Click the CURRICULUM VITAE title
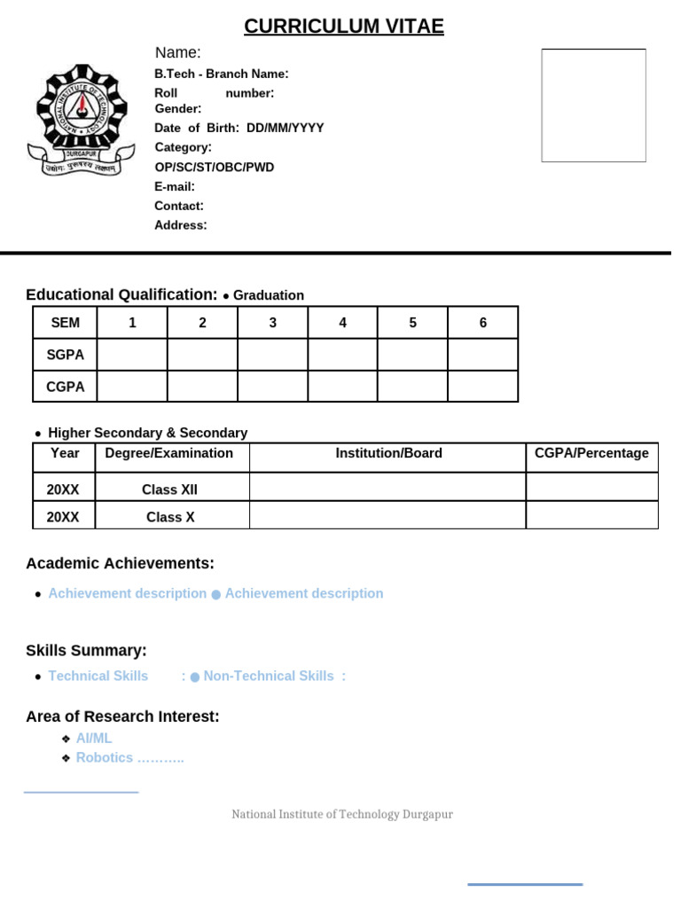click(x=344, y=27)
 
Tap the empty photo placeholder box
click(x=593, y=106)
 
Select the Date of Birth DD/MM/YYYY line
click(x=239, y=128)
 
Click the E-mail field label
click(x=175, y=186)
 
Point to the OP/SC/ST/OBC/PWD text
click(x=215, y=167)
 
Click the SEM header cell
click(x=65, y=323)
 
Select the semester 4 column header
click(x=343, y=323)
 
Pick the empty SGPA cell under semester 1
click(x=132, y=355)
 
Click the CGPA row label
click(x=65, y=387)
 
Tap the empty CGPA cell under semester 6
click(x=482, y=387)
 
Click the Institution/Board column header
click(x=388, y=453)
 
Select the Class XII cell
click(x=169, y=489)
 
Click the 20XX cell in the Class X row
click(x=64, y=517)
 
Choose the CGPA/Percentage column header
click(x=591, y=453)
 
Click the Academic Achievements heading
click(x=120, y=563)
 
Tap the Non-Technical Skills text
click(x=269, y=676)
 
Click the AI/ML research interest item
click(x=94, y=738)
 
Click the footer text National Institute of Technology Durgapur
click(x=342, y=814)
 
